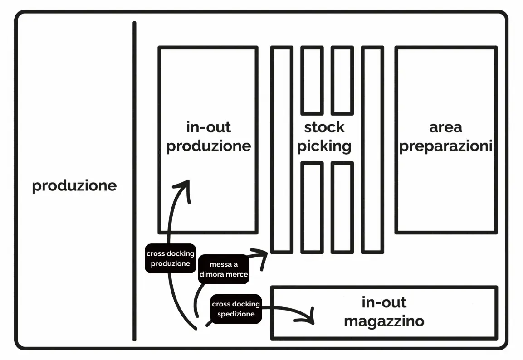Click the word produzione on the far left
(74, 186)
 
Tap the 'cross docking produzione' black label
(171, 259)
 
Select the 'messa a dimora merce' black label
(224, 269)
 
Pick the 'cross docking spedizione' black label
(236, 309)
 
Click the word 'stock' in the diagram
(324, 127)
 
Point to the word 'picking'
(324, 146)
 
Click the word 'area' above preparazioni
(445, 127)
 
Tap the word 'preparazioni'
(445, 147)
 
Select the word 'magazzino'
(384, 321)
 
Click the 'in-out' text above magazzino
(384, 302)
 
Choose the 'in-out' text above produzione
(208, 127)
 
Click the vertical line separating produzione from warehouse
(134, 181)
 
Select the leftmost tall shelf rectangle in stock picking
(282, 150)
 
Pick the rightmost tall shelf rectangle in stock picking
(372, 150)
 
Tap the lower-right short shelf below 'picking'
(342, 207)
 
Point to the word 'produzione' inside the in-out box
(208, 146)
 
